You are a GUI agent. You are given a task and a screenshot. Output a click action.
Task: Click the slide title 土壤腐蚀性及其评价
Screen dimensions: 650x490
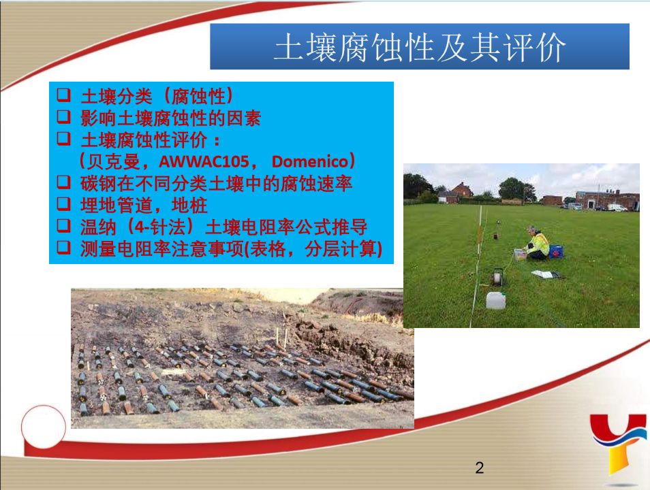point(420,47)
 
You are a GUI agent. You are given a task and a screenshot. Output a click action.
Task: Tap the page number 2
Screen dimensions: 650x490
point(480,468)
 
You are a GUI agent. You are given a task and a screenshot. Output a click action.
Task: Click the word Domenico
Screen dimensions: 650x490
point(309,161)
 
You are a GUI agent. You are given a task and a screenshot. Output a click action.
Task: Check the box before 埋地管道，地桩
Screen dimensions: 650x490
point(63,203)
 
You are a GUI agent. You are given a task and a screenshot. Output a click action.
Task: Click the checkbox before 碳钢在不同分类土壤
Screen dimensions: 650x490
point(63,182)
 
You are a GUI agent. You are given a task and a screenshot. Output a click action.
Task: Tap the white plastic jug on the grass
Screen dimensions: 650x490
point(495,300)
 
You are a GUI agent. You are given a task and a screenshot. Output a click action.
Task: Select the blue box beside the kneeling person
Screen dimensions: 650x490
point(556,251)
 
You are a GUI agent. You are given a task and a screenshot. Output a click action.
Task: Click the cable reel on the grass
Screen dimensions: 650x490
point(497,277)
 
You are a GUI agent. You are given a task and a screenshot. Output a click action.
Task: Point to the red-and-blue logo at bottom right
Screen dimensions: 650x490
point(619,443)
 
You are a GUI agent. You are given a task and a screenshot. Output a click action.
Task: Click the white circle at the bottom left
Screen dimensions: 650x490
point(44,427)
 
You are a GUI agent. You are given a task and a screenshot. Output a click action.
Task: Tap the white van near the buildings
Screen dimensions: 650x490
point(617,207)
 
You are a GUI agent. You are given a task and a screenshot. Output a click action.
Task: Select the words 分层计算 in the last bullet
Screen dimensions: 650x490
point(341,249)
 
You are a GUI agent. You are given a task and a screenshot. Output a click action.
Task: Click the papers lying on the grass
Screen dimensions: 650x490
point(546,274)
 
